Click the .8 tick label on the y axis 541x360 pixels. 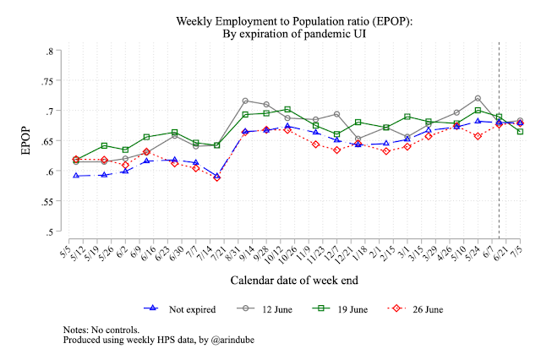pyautogui.click(x=51, y=52)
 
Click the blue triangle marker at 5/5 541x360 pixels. pyautogui.click(x=76, y=176)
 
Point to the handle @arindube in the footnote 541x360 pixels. pyautogui.click(x=218, y=340)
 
